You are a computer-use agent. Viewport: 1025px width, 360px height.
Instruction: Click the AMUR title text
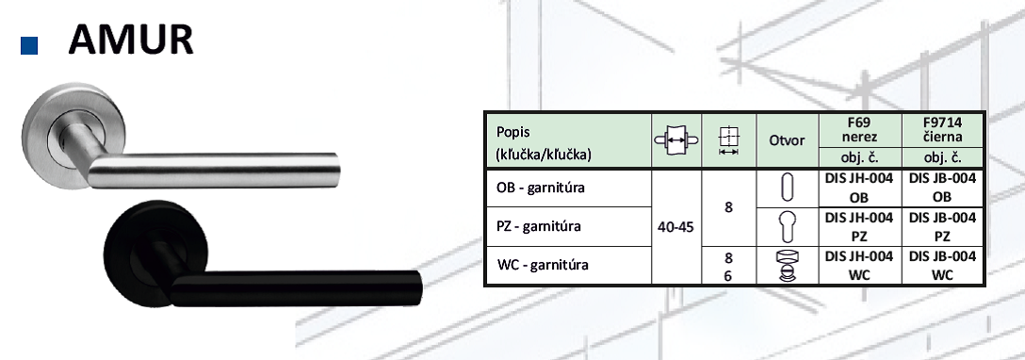click(x=131, y=40)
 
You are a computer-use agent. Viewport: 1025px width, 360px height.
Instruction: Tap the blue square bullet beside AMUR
click(x=29, y=45)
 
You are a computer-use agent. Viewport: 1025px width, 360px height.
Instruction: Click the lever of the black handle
click(x=294, y=287)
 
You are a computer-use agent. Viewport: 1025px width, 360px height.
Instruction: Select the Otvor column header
click(x=787, y=140)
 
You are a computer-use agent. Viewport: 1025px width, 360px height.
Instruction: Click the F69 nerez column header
click(x=859, y=130)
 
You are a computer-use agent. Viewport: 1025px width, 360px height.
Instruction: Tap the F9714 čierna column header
click(x=942, y=130)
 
